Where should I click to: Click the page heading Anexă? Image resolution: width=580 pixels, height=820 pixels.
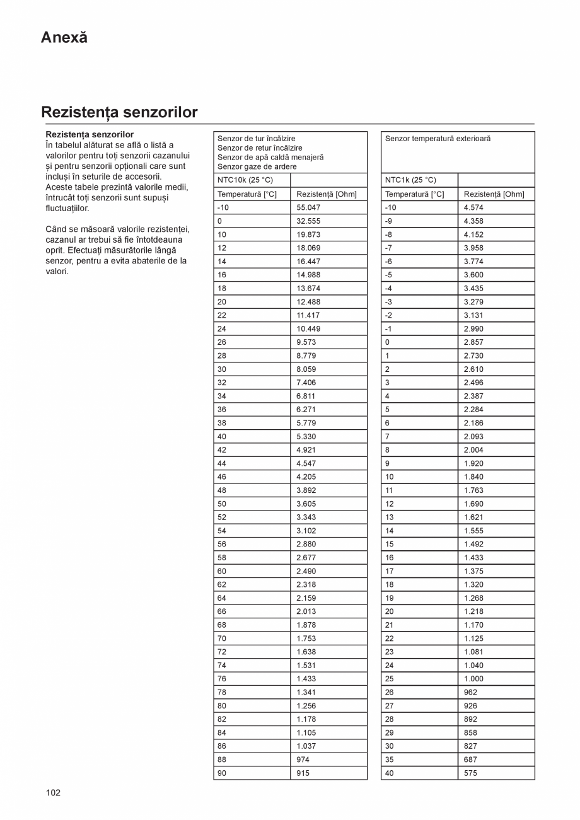pos(64,37)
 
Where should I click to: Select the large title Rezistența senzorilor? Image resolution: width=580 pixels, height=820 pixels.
pos(119,112)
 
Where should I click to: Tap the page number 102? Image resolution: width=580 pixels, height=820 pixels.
pos(53,792)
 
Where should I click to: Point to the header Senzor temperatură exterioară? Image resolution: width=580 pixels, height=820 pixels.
pos(438,139)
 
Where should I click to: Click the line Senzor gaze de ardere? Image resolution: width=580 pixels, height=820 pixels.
pos(257,166)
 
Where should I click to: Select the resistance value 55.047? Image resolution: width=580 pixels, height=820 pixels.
pos(308,207)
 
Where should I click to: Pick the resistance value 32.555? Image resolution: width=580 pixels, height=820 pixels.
pos(308,221)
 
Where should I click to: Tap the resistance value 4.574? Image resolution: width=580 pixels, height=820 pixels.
pos(473,207)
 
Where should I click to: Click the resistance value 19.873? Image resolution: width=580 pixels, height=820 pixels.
pos(308,234)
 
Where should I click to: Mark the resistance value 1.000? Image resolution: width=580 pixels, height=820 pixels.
pos(473,679)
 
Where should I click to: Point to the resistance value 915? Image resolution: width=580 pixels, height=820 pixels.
pos(303,773)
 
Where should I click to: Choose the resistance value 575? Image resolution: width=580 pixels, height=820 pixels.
pos(470,773)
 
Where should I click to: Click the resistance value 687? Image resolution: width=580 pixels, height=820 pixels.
pos(470,759)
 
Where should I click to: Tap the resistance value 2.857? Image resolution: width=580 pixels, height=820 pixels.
pos(473,342)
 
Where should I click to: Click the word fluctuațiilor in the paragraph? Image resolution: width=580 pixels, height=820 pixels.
pos(67,208)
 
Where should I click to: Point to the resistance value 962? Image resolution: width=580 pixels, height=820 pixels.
pos(470,692)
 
